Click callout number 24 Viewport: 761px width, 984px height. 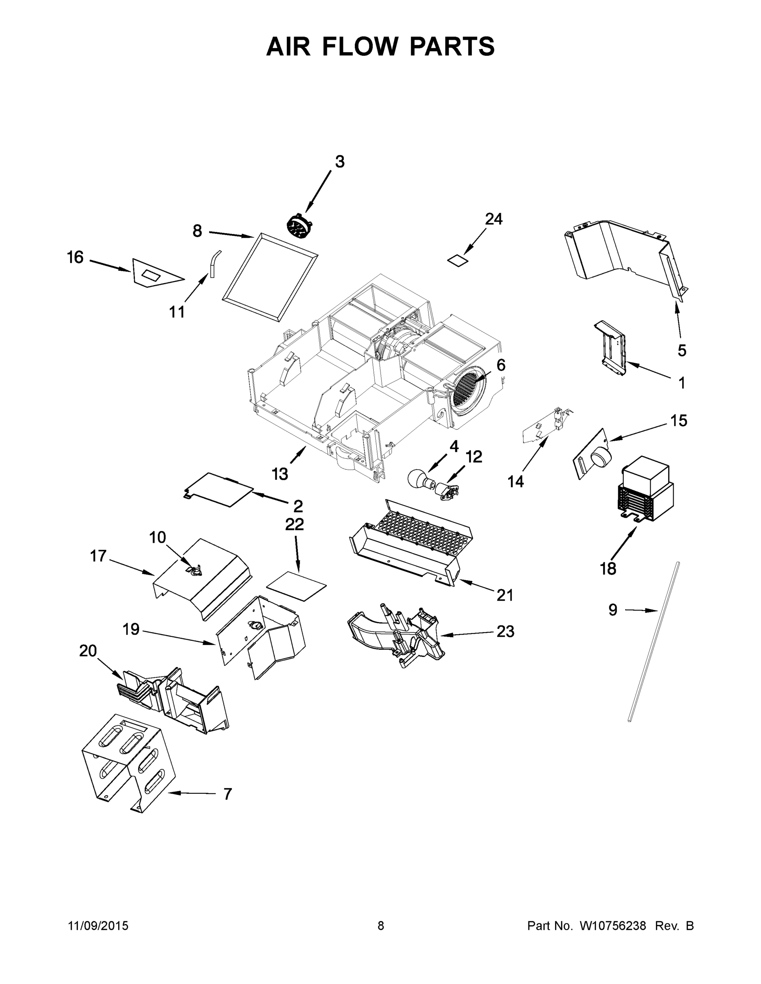(494, 219)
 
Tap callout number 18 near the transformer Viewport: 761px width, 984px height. (608, 569)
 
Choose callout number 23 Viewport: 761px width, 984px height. (505, 631)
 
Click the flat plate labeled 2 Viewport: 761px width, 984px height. (220, 490)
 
